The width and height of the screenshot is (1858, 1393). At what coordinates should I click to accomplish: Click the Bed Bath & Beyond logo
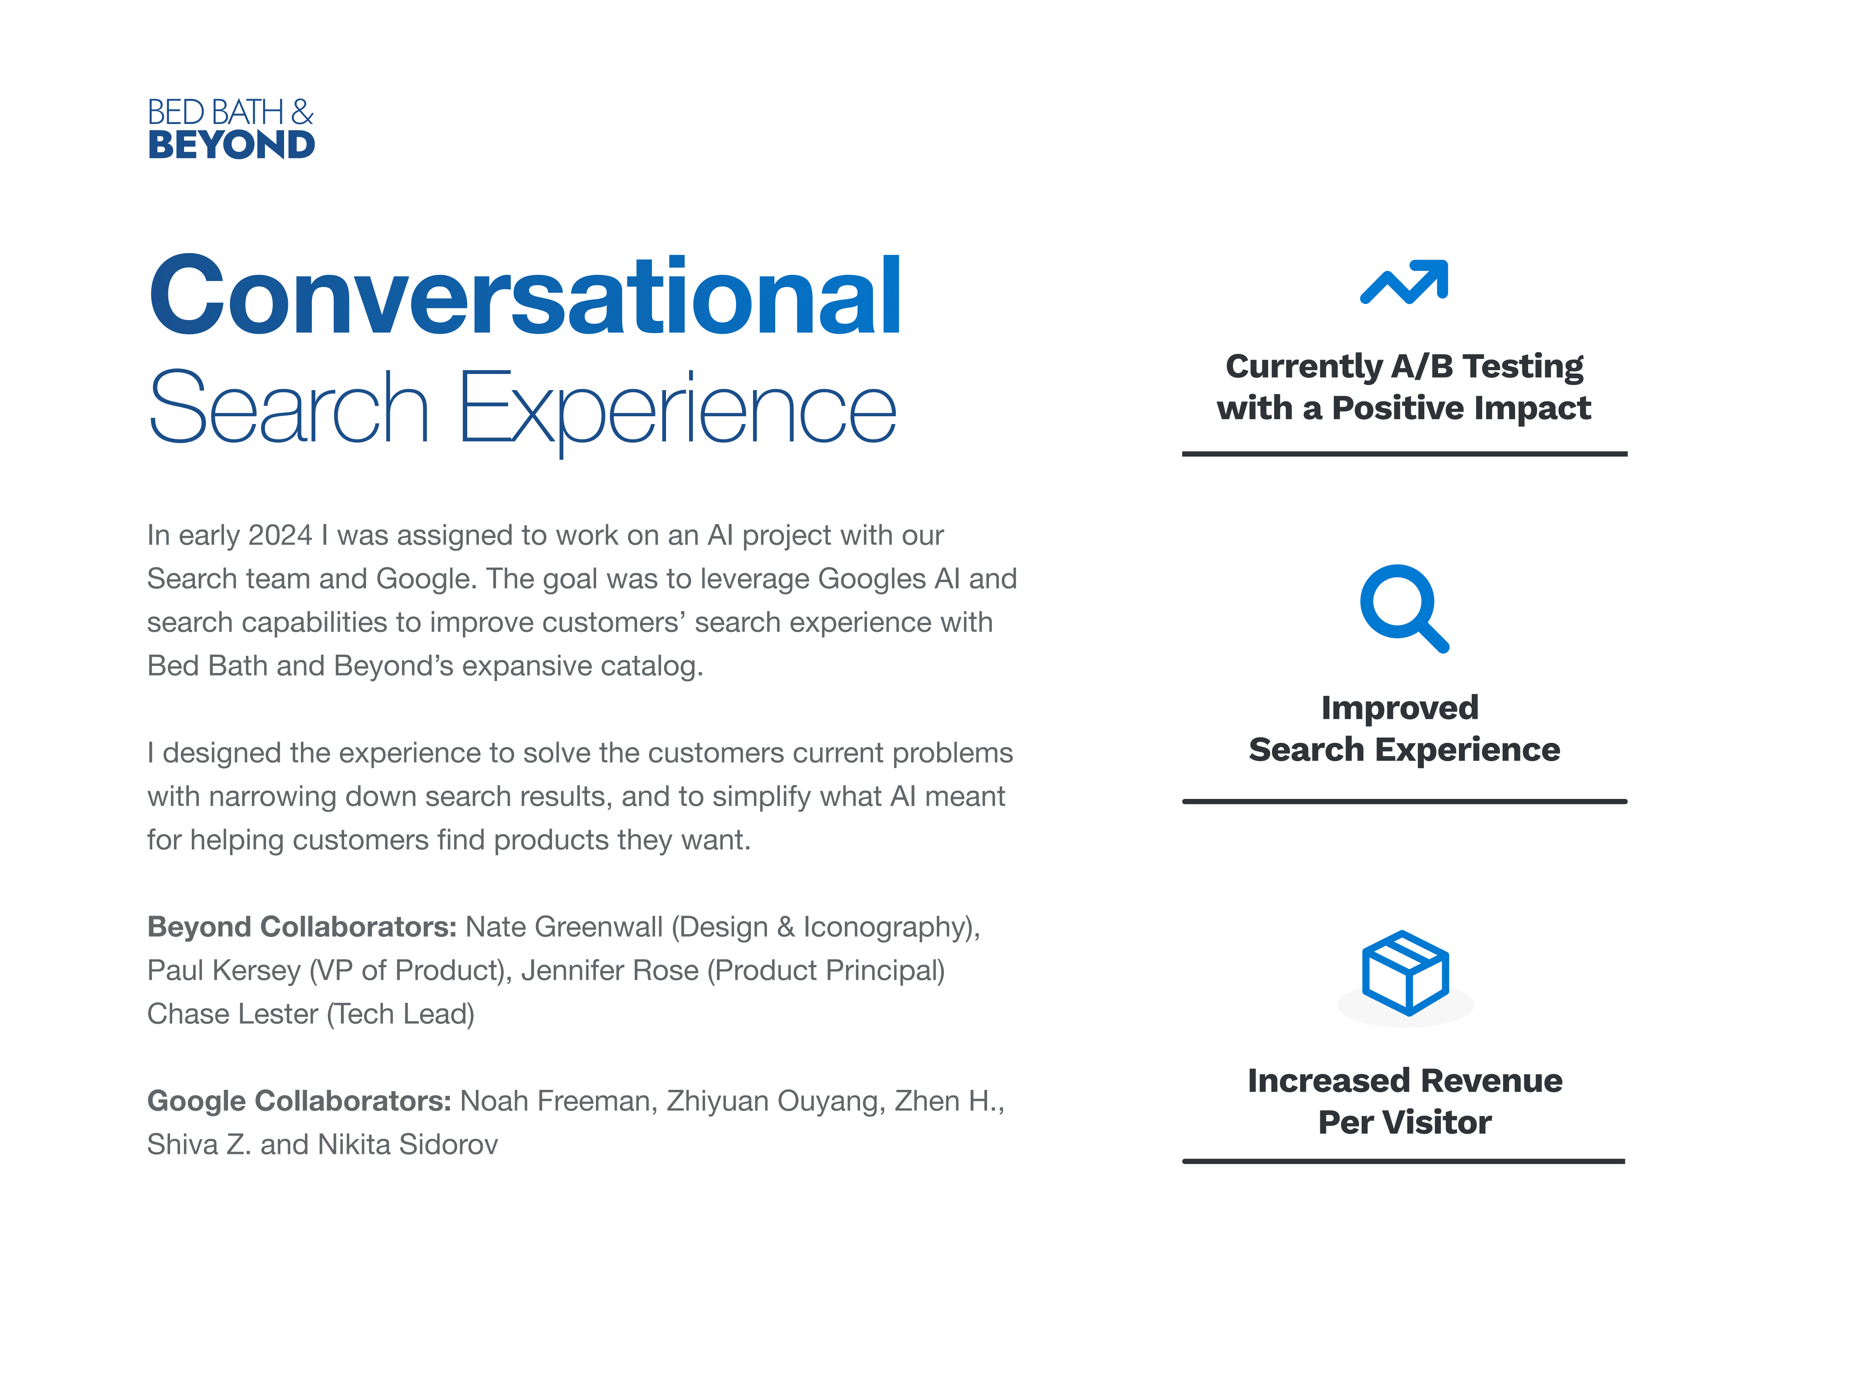(231, 128)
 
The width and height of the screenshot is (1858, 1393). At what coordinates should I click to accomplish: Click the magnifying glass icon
(1404, 608)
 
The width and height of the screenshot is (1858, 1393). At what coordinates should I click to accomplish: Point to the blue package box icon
(1405, 972)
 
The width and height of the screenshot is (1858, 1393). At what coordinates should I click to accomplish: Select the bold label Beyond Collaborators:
(301, 926)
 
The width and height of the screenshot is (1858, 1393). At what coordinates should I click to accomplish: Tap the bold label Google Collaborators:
(299, 1101)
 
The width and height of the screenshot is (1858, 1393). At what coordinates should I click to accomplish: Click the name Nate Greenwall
(564, 926)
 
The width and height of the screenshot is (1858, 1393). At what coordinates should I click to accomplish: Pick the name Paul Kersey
(224, 971)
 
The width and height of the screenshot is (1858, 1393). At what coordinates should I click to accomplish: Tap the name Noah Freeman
(555, 1101)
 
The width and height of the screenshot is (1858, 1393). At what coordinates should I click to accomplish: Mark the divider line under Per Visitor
(1403, 1161)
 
